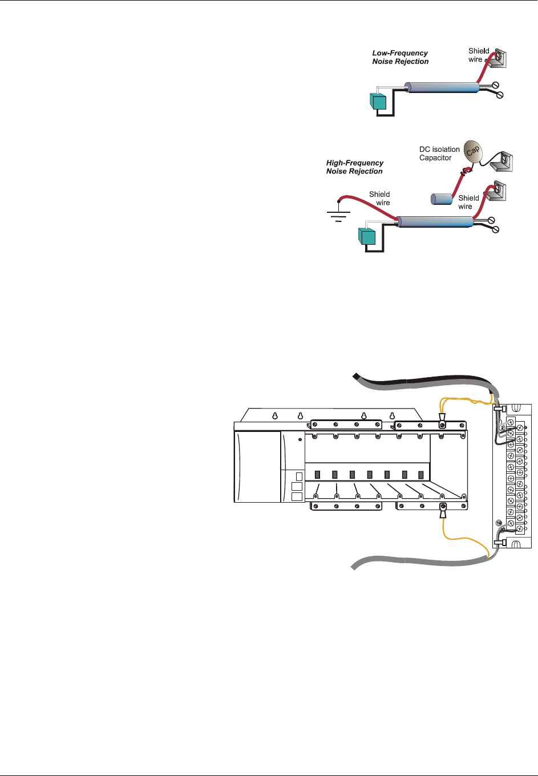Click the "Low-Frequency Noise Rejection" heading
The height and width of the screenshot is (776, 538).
point(400,57)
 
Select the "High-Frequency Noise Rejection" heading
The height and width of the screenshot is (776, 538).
point(354,167)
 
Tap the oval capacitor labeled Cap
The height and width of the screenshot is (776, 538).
point(472,151)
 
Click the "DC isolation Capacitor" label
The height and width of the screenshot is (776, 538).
point(439,153)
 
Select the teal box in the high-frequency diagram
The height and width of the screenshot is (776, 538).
point(366,236)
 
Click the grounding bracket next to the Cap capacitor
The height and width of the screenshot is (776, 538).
point(501,161)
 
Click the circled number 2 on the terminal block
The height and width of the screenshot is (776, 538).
point(502,428)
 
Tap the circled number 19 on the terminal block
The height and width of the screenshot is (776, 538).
point(499,523)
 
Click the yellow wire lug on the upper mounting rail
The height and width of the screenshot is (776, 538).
point(442,425)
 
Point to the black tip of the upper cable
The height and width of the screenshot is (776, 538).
point(356,375)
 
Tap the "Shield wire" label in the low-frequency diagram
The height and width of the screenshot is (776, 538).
point(478,55)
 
